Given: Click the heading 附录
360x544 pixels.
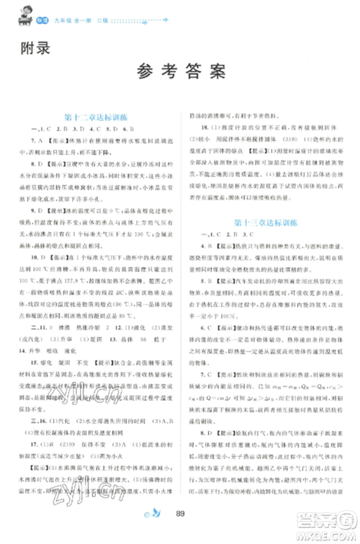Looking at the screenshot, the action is click(34, 50).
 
